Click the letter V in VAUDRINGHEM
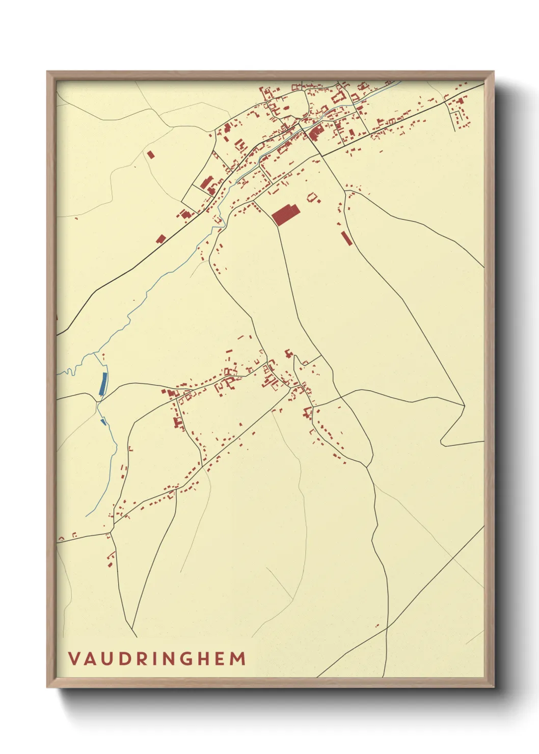pyautogui.click(x=74, y=659)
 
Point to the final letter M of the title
pyautogui.click(x=238, y=659)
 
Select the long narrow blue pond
pyautogui.click(x=103, y=384)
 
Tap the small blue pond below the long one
pyautogui.click(x=103, y=421)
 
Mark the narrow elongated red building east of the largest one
pyautogui.click(x=347, y=238)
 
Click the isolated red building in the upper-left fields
pyautogui.click(x=150, y=154)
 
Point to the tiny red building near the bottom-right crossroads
pyautogui.click(x=378, y=626)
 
